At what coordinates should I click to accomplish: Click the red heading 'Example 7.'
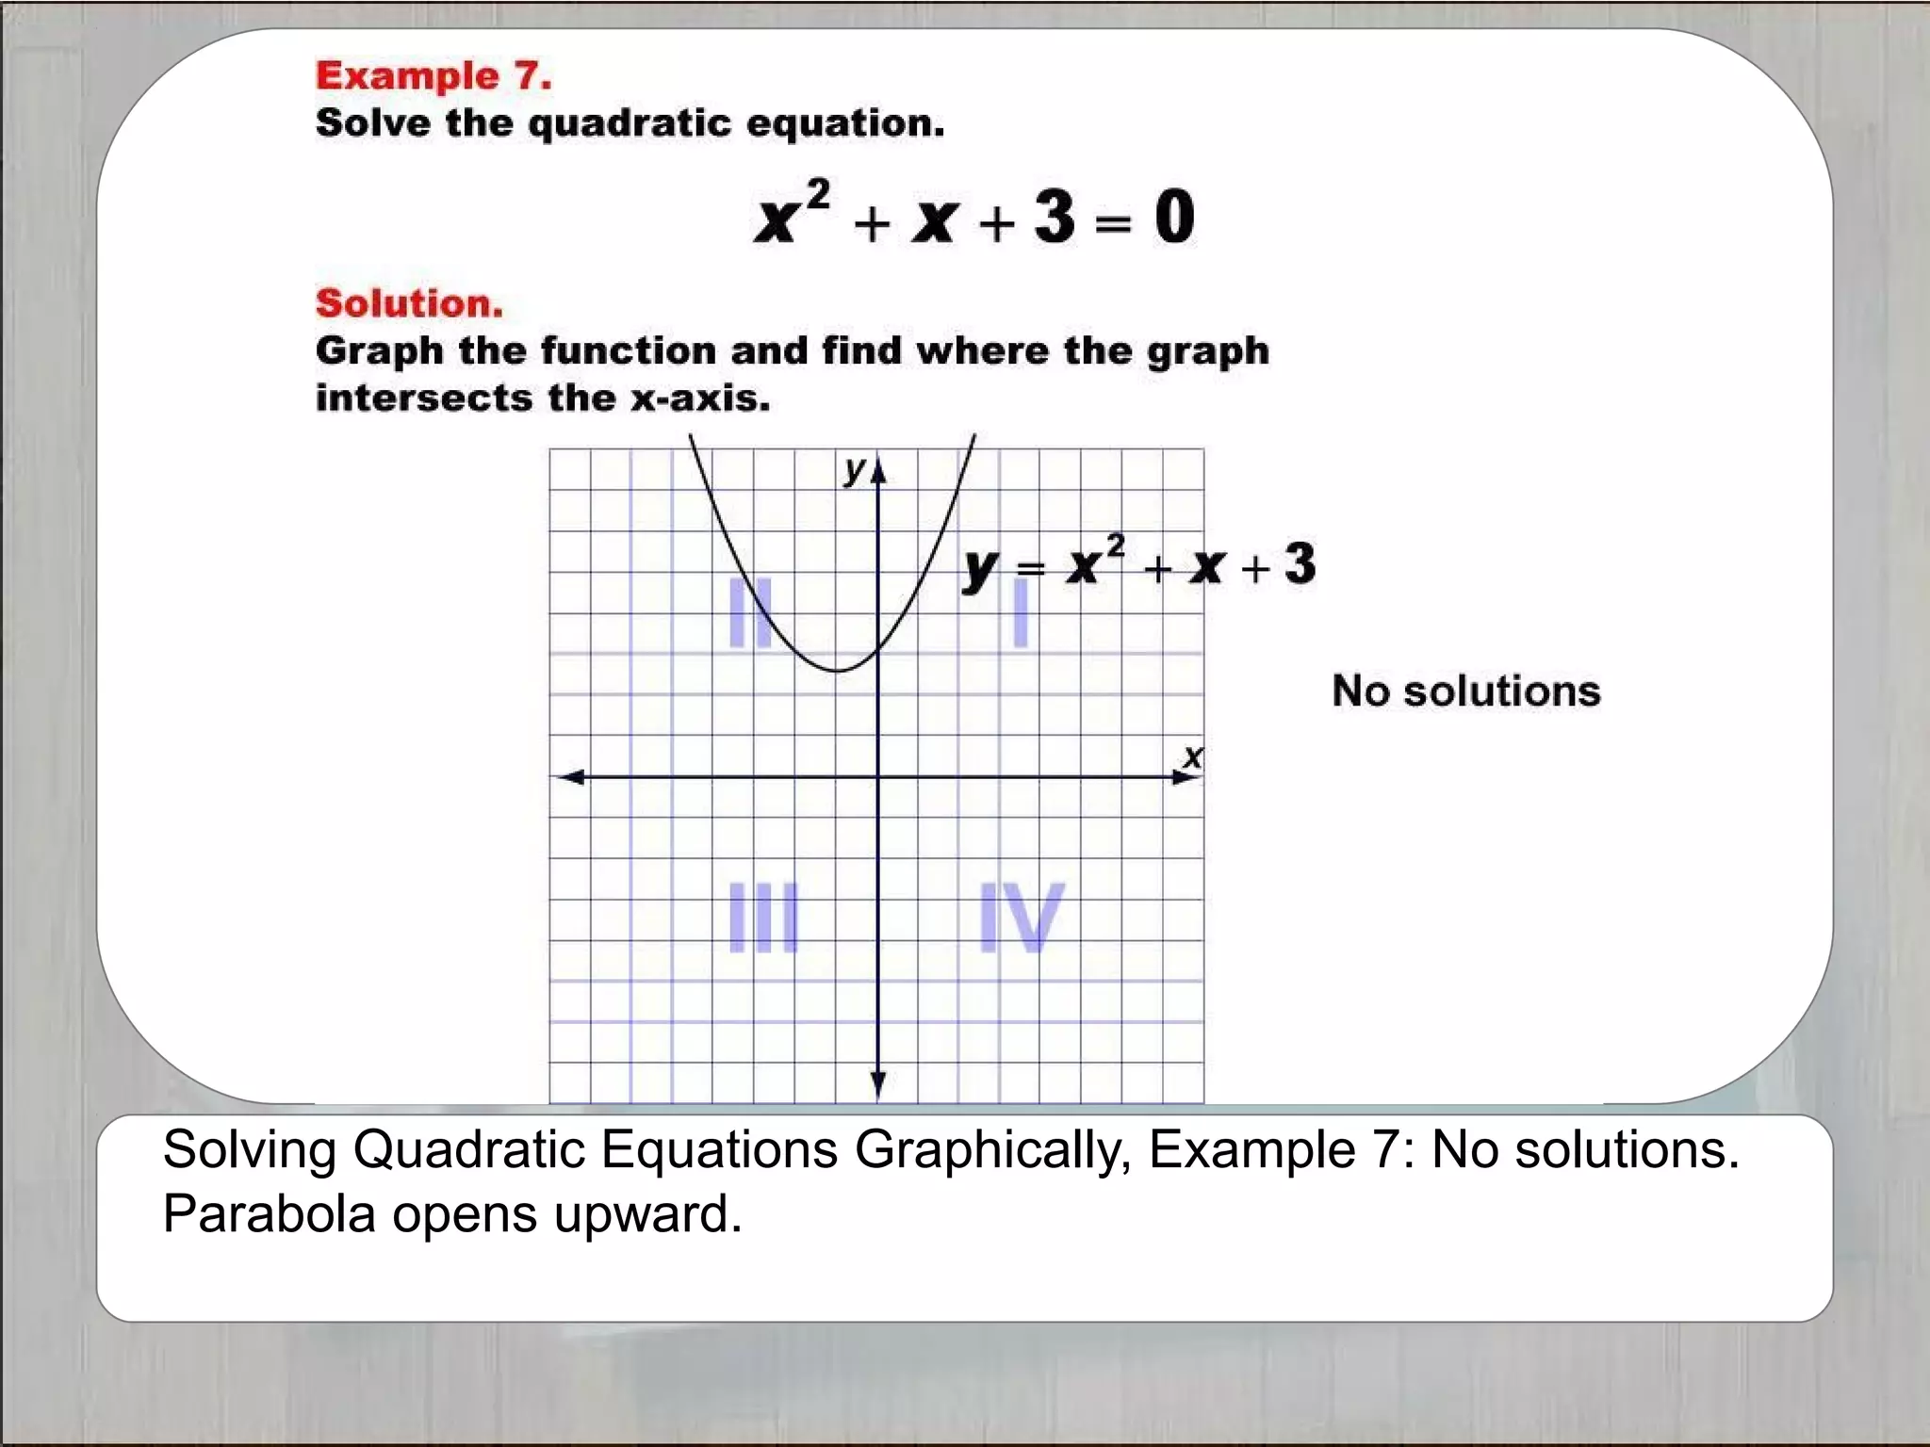[x=433, y=75]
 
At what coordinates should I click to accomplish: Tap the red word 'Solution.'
[x=409, y=303]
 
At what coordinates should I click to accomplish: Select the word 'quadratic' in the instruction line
[x=630, y=123]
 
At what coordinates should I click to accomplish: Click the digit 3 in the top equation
[x=1055, y=217]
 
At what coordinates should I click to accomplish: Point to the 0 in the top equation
[x=1174, y=217]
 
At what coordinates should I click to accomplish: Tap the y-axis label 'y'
[x=855, y=469]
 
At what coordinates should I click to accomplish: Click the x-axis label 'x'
[x=1193, y=756]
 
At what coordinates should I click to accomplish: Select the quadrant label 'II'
[x=751, y=612]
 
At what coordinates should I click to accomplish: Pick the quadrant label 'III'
[x=764, y=918]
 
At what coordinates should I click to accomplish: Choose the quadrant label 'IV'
[x=1021, y=918]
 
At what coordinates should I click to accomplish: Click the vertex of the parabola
[x=838, y=671]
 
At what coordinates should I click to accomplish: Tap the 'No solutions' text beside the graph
[x=1465, y=691]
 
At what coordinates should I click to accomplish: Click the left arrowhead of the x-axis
[x=569, y=777]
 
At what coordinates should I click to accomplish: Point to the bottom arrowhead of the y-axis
[x=878, y=1085]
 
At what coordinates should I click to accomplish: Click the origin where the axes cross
[x=878, y=777]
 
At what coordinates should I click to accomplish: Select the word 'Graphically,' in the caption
[x=993, y=1150]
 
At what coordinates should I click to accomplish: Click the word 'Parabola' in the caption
[x=270, y=1214]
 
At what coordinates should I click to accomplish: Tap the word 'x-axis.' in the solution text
[x=699, y=398]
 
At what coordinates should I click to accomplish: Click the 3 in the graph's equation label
[x=1300, y=563]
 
